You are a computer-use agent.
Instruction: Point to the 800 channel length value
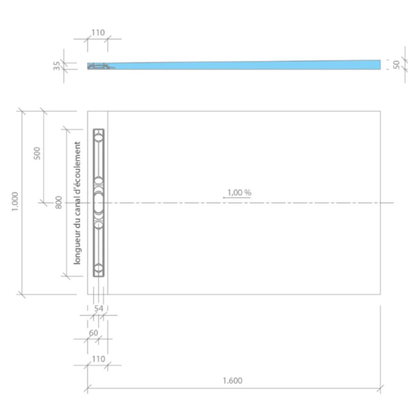(58, 202)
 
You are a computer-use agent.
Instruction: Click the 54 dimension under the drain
(98, 309)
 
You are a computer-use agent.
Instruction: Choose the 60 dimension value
(93, 333)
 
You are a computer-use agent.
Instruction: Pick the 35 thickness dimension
(57, 66)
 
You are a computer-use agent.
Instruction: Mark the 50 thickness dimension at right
(396, 64)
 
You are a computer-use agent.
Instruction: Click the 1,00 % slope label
(240, 192)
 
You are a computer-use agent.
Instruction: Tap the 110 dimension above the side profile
(98, 32)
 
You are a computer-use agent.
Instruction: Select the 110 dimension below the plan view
(98, 359)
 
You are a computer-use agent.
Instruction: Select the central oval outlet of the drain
(98, 202)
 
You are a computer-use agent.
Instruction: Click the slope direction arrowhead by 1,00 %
(224, 197)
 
